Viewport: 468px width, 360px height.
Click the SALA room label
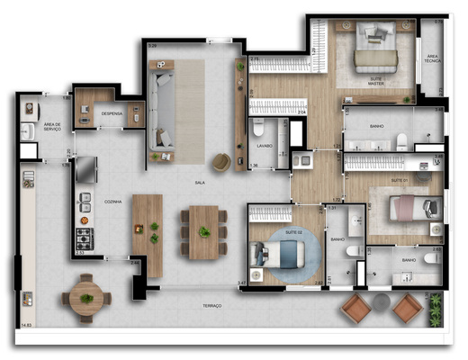coord(200,182)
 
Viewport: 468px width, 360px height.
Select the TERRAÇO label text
coord(212,306)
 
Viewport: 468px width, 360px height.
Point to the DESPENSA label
coord(112,113)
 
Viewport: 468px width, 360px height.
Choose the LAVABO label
coord(264,145)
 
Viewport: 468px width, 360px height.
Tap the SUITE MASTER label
coord(374,81)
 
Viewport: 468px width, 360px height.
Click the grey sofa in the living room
coord(163,110)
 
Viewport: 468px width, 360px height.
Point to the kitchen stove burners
coord(85,238)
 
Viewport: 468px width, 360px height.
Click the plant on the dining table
coord(204,232)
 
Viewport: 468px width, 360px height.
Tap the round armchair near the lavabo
coord(220,162)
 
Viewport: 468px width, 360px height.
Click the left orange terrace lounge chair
coord(355,309)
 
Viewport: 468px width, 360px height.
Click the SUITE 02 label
coord(292,232)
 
